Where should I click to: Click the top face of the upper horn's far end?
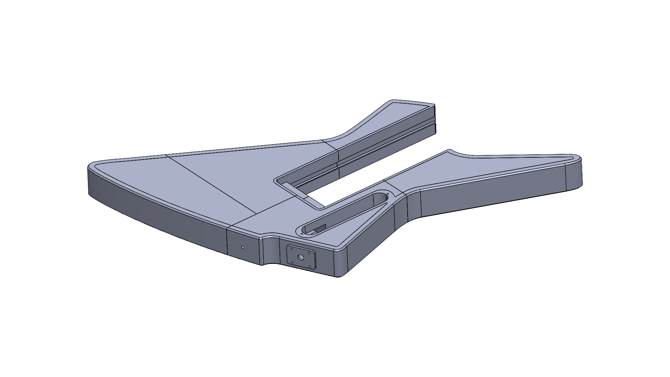coord(412,108)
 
